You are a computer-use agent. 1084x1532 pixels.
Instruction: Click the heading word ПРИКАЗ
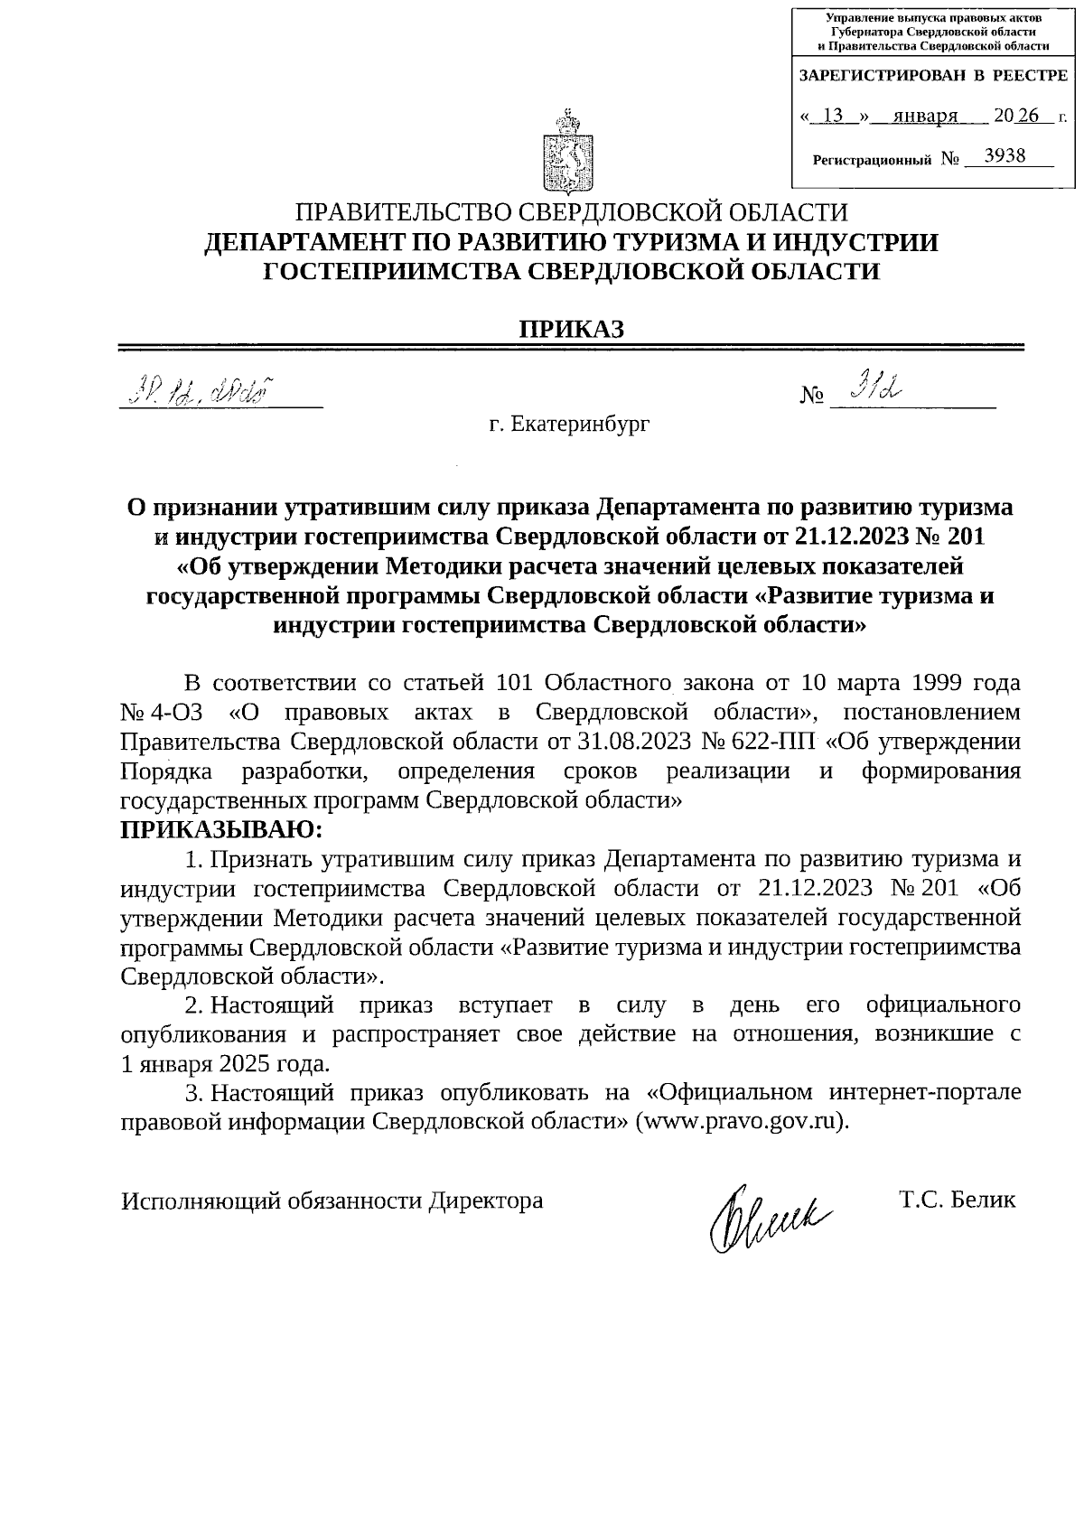coord(570,329)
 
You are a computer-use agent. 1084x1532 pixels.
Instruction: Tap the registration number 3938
coord(1005,155)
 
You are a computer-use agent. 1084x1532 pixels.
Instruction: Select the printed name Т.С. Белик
coord(957,1200)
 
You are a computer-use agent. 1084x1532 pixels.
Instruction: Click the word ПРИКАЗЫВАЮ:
coord(221,828)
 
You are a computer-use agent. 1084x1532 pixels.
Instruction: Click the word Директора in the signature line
coord(485,1200)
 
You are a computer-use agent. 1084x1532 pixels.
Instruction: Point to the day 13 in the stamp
coord(834,116)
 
